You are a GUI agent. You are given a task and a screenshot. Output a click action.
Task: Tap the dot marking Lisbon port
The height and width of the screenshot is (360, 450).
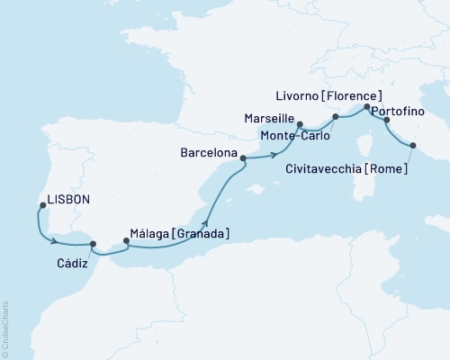point(42,206)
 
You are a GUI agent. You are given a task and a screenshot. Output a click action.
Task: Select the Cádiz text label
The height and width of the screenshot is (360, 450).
point(72,262)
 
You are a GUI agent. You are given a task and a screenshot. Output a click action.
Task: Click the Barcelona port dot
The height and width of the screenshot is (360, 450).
point(243,157)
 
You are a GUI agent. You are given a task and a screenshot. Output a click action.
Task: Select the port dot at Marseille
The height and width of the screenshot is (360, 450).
point(300,125)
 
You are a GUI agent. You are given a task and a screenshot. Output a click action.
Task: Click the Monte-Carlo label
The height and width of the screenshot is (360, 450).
point(294,135)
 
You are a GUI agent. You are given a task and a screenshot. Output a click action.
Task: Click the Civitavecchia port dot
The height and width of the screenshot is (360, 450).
point(414,146)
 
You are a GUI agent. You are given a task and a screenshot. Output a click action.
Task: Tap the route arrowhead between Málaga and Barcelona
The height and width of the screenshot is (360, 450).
point(206,222)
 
